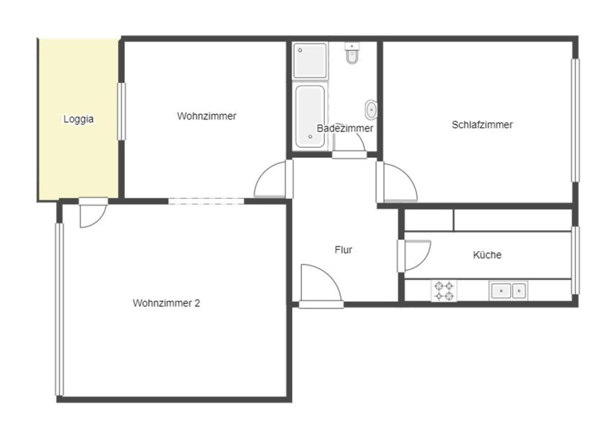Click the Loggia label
pos(78,119)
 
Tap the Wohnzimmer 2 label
pos(167,303)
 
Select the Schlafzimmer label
pos(482,125)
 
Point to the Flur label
pos(343,250)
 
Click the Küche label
pos(487,255)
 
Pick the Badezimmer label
pos(345,128)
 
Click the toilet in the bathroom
pos(352,53)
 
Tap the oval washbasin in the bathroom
pos(371,109)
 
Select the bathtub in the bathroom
pos(310,116)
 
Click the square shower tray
pos(310,61)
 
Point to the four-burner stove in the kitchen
pos(444,291)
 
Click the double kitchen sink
pos(508,291)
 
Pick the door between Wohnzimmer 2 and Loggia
pos(93,212)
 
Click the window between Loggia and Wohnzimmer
pos(122,111)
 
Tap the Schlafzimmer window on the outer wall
pos(575,120)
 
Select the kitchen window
pos(575,260)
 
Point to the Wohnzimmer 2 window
pos(59,310)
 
